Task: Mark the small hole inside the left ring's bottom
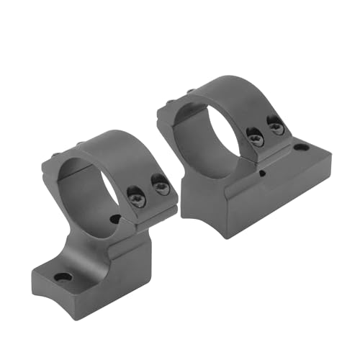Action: point(114,218)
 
